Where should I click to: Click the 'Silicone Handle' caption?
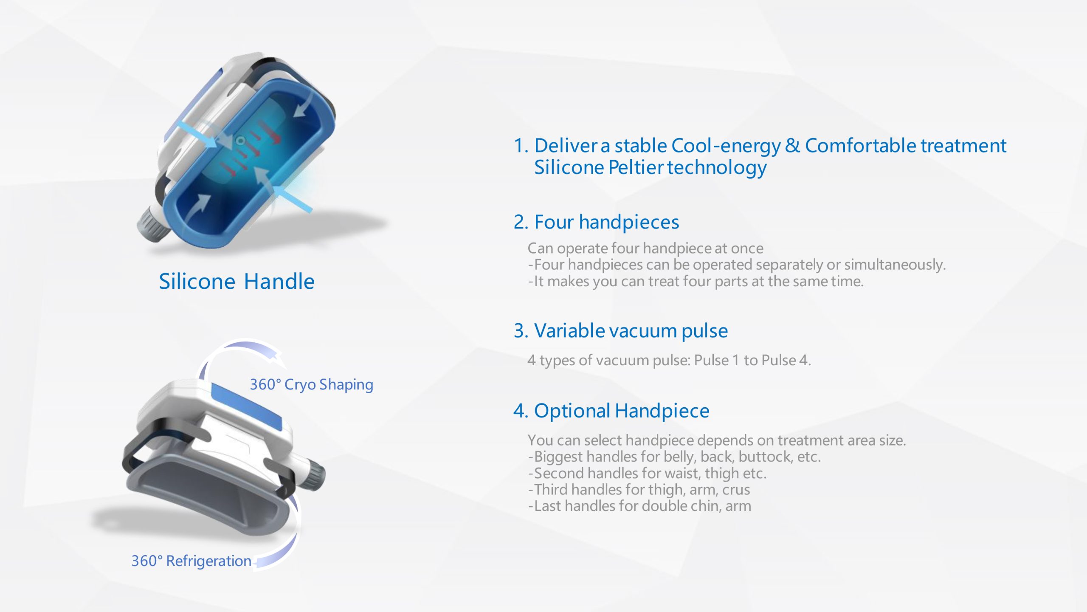click(x=237, y=282)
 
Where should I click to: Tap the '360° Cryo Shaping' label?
click(x=311, y=384)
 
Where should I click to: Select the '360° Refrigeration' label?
click(x=191, y=561)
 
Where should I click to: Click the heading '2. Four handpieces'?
click(x=596, y=222)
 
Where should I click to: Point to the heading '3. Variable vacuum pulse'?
click(x=621, y=331)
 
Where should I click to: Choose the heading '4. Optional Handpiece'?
click(x=611, y=411)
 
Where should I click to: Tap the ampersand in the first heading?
click(x=792, y=145)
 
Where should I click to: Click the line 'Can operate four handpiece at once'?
click(x=645, y=248)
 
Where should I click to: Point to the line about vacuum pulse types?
click(x=669, y=360)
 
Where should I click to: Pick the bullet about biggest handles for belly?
click(x=674, y=457)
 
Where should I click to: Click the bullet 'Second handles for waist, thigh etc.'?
click(x=647, y=473)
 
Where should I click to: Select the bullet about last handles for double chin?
click(x=639, y=506)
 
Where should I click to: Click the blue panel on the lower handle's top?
click(x=246, y=406)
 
